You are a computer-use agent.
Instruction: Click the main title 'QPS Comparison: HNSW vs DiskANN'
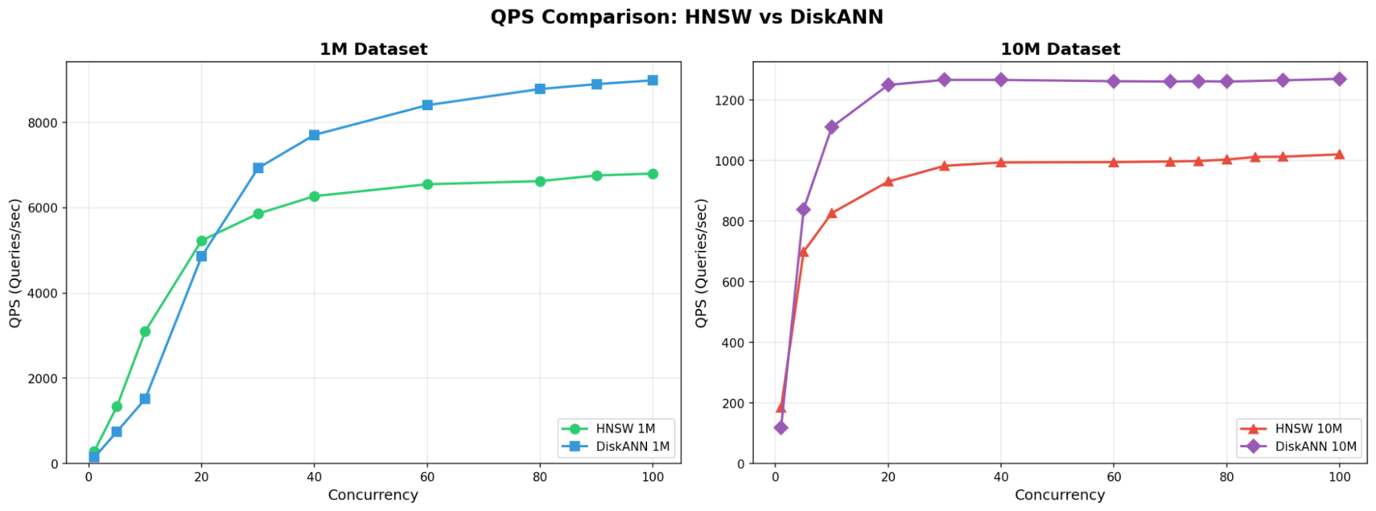click(686, 17)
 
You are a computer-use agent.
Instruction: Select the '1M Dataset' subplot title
click(373, 50)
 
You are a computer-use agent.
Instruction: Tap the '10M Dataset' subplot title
click(1060, 50)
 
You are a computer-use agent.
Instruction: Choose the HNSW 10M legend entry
click(1308, 428)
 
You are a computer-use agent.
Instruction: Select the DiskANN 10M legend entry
click(1315, 446)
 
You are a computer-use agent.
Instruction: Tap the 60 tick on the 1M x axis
click(427, 477)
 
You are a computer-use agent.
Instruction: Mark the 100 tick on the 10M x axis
click(1339, 477)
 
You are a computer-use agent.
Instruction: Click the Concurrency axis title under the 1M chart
click(373, 495)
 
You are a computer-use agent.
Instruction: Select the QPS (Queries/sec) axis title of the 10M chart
click(701, 263)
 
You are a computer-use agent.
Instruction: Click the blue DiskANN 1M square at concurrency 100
click(653, 80)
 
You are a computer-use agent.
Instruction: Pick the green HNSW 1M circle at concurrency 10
click(145, 331)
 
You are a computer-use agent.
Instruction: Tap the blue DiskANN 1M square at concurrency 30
click(258, 168)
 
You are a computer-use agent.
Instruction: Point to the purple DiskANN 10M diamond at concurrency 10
click(832, 127)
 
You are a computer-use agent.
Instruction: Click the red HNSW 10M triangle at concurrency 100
click(1339, 155)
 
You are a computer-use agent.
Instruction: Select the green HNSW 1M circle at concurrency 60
click(427, 184)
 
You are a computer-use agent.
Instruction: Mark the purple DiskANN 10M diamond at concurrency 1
click(781, 428)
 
